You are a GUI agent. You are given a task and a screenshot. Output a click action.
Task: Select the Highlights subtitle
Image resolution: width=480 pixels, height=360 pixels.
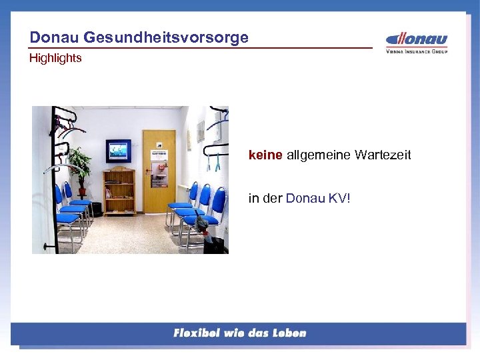coord(55,58)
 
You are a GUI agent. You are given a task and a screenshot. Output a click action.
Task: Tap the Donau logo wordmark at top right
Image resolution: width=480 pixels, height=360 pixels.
coord(417,39)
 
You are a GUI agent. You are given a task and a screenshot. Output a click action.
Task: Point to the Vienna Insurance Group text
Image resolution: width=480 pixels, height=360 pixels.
coord(417,51)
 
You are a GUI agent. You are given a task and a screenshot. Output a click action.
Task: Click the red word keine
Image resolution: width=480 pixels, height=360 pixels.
coord(265,155)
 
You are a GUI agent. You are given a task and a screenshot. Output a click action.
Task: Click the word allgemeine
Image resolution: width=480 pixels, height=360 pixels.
coord(319,155)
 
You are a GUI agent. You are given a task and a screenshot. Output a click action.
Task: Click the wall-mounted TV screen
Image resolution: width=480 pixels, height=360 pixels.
coord(119,151)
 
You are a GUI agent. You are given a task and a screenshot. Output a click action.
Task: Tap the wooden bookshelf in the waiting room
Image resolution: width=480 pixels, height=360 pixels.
coord(120,191)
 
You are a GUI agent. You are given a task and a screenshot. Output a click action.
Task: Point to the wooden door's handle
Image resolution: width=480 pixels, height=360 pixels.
coord(148,171)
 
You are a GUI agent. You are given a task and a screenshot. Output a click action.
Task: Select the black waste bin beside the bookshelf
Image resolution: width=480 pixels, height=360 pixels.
coord(97,209)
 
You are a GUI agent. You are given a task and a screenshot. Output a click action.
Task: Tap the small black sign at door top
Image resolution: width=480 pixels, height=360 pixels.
coord(159,144)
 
